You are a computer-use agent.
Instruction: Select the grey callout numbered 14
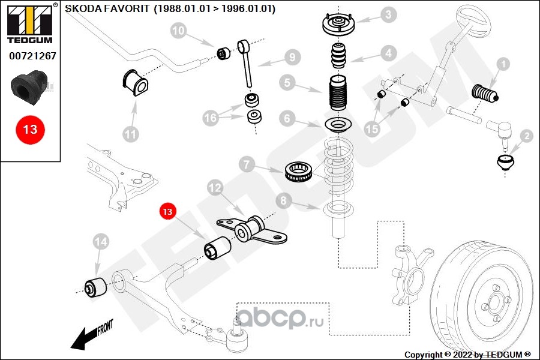[101, 242]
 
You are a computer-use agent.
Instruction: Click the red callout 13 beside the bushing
[167, 211]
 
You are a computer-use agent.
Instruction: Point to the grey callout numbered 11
[130, 134]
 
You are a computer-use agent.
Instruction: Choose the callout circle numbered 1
[502, 63]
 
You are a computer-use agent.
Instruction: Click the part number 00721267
[32, 56]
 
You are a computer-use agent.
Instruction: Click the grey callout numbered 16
[210, 118]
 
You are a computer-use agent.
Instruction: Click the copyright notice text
[467, 355]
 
